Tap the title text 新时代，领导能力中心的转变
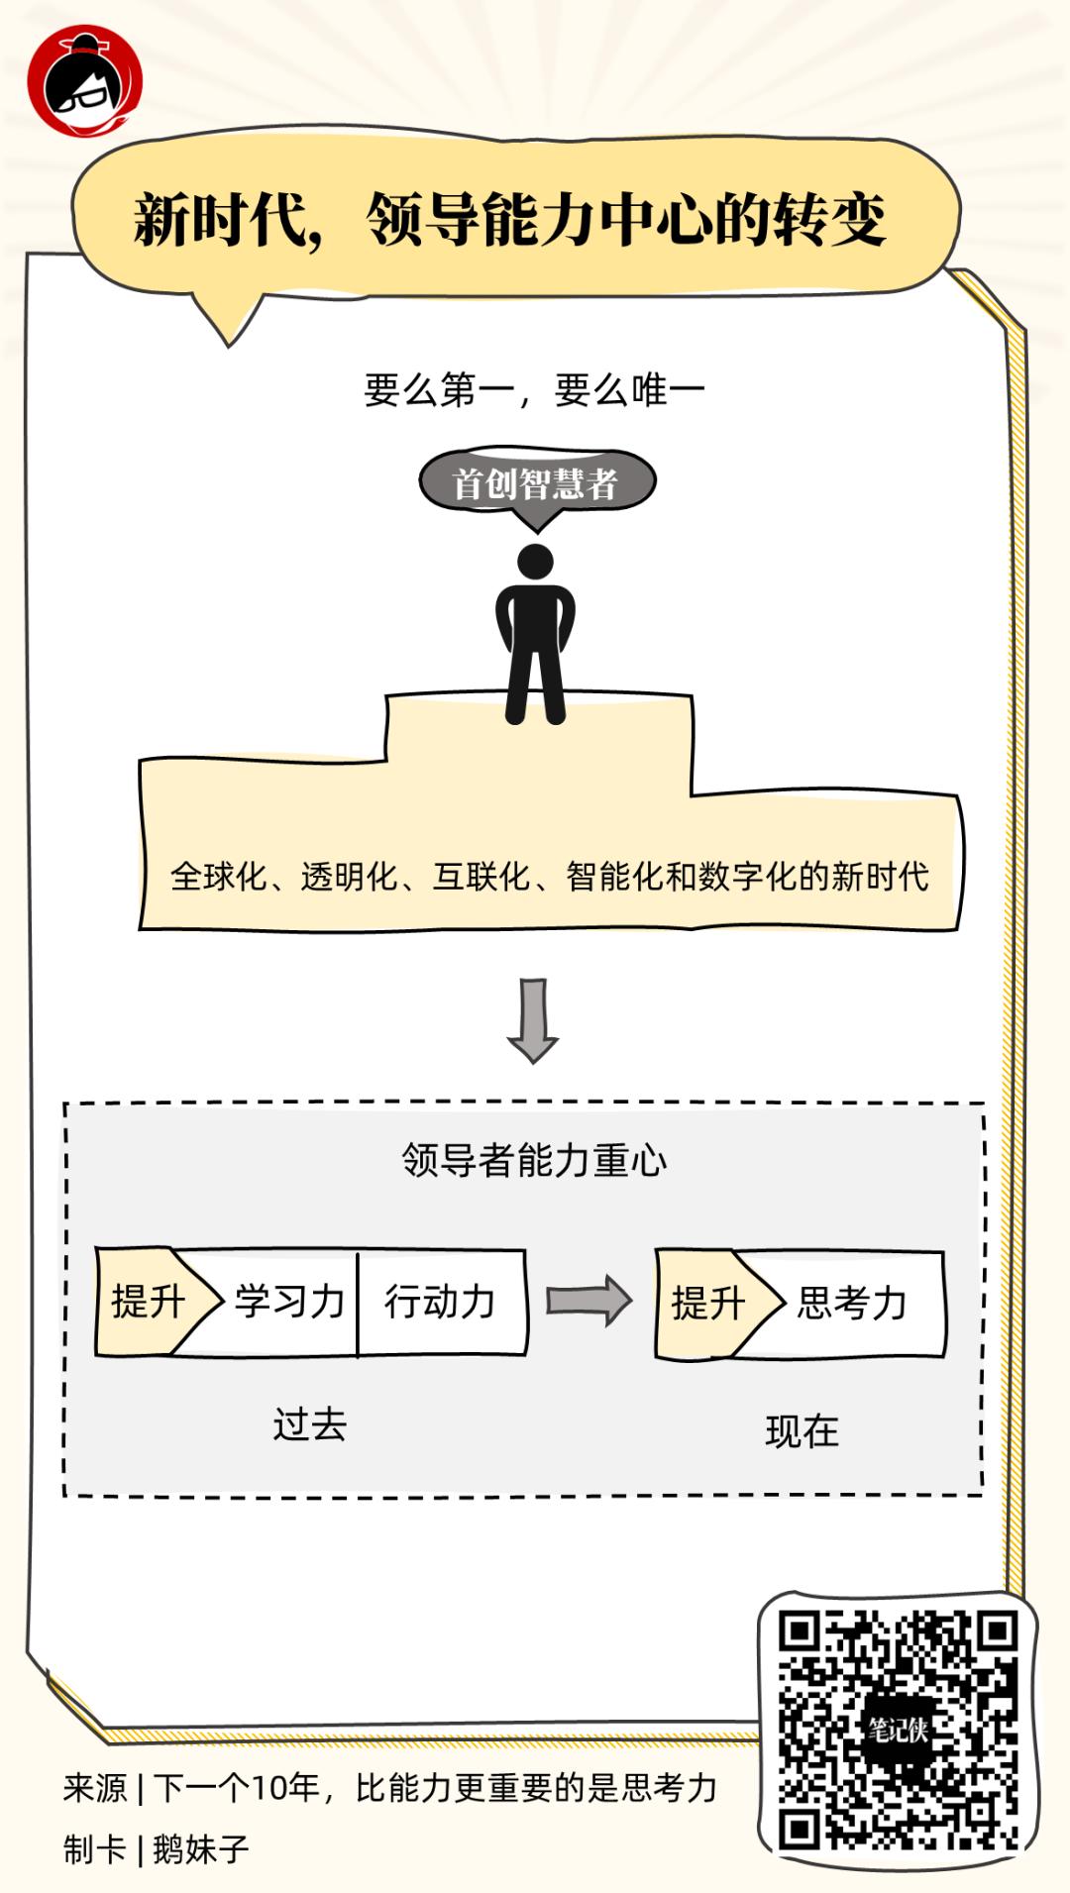click(x=510, y=219)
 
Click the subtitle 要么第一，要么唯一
click(x=534, y=390)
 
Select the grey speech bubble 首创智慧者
click(x=536, y=483)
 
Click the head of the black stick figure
click(x=536, y=562)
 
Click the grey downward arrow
click(x=533, y=1020)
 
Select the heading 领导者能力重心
click(x=534, y=1160)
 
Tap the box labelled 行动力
click(x=440, y=1302)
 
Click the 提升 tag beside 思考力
click(x=708, y=1304)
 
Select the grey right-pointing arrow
click(x=588, y=1301)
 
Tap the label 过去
click(x=310, y=1424)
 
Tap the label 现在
click(x=802, y=1431)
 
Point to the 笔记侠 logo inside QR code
click(x=898, y=1730)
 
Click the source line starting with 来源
click(x=389, y=1788)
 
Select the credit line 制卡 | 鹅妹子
click(x=157, y=1848)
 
